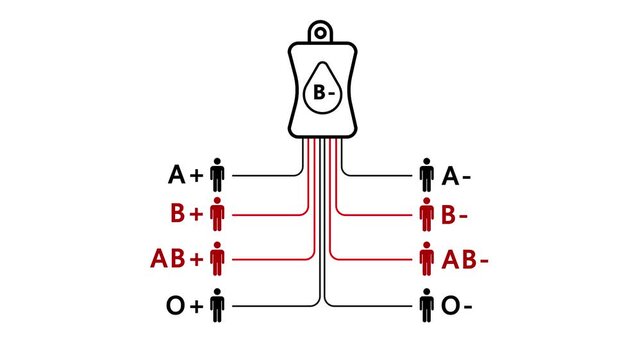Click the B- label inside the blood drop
[x=320, y=93]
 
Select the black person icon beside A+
[x=218, y=175]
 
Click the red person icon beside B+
[x=218, y=214]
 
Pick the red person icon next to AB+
[x=218, y=257]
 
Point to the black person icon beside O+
[x=218, y=304]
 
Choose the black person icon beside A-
[x=426, y=175]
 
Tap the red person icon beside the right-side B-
[x=426, y=214]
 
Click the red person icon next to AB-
[x=426, y=257]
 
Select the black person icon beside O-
[x=426, y=304]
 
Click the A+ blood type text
[x=186, y=176]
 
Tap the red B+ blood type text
[x=186, y=214]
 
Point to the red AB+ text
[x=176, y=258]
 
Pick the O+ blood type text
[x=185, y=305]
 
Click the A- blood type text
[x=457, y=176]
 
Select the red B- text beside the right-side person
[x=457, y=214]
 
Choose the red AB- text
[x=465, y=258]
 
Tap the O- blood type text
[x=458, y=305]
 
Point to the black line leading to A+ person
[x=265, y=175]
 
